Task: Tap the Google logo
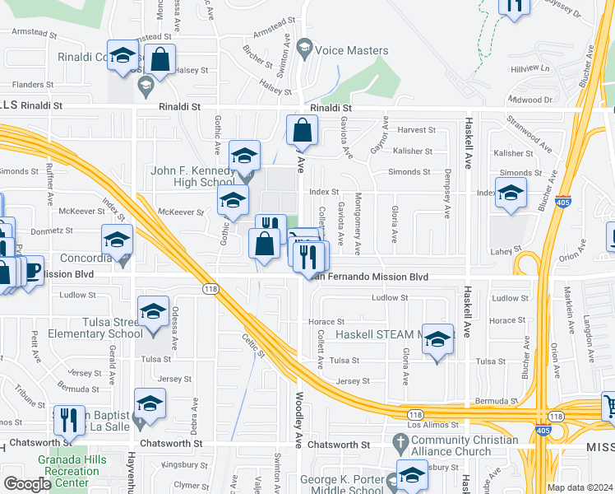pos(27,484)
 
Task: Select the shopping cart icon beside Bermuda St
pos(609,405)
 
